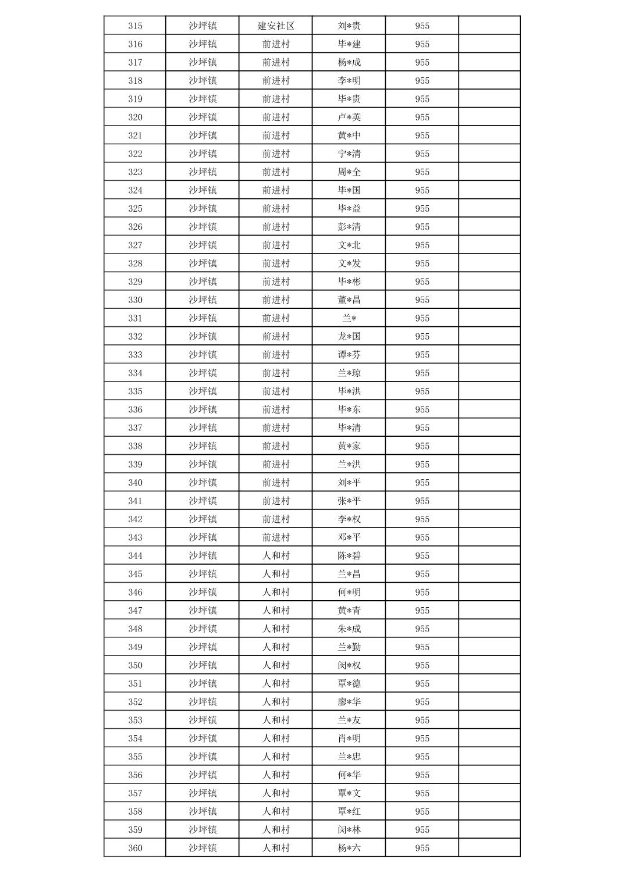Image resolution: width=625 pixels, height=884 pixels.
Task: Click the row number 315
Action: point(135,26)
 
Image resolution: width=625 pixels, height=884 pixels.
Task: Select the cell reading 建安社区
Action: point(276,26)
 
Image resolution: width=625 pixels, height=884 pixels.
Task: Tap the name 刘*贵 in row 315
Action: point(349,26)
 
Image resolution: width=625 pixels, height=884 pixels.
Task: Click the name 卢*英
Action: point(349,117)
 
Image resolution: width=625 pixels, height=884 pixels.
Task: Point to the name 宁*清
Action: point(349,154)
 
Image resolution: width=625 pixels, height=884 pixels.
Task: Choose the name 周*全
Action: point(349,172)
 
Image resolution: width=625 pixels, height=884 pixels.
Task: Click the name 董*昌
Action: point(349,300)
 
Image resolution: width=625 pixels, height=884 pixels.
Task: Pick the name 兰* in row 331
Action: point(349,318)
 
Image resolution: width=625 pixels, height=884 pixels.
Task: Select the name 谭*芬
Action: point(349,355)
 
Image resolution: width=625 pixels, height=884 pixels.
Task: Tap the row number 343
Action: point(135,537)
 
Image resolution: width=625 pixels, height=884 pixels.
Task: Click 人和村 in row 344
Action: point(276,555)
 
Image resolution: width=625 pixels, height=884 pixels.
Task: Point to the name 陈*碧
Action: point(349,555)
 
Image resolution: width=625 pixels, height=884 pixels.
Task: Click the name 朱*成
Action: point(349,629)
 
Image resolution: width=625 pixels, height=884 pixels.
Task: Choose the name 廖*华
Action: point(349,702)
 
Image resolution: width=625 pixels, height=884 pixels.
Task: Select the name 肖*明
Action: point(349,738)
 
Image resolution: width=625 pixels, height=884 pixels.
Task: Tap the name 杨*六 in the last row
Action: point(349,848)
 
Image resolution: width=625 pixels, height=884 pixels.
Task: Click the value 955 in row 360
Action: point(422,848)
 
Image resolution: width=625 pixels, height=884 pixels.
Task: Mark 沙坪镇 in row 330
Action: point(203,300)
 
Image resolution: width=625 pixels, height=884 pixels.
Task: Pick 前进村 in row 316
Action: point(276,44)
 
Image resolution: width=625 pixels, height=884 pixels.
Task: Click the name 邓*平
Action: point(349,537)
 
